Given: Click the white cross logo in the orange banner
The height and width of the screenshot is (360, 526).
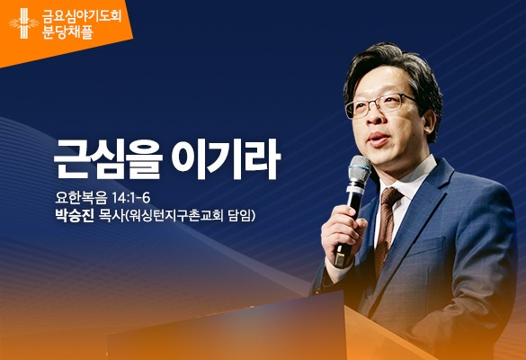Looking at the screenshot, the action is (23, 23).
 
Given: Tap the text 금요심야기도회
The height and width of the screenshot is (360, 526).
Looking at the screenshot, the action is (82, 16).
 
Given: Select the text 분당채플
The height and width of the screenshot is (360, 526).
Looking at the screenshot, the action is (67, 32).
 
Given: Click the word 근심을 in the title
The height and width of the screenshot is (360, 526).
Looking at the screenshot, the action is (108, 159).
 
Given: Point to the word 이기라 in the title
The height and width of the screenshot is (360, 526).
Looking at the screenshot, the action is (226, 158).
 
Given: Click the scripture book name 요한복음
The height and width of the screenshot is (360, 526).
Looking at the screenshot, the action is (81, 198).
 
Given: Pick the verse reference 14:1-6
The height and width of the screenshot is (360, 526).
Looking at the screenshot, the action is (131, 198).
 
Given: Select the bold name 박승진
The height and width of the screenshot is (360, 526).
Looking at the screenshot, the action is (74, 216).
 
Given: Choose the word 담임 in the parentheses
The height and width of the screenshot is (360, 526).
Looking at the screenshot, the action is (239, 216).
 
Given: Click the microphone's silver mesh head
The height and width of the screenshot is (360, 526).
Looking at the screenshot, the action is (360, 169).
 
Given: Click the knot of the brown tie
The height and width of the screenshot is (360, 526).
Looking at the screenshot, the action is (389, 197).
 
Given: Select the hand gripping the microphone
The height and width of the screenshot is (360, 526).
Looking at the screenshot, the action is (343, 230).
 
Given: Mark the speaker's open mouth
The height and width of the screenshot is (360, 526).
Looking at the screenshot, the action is (379, 138).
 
